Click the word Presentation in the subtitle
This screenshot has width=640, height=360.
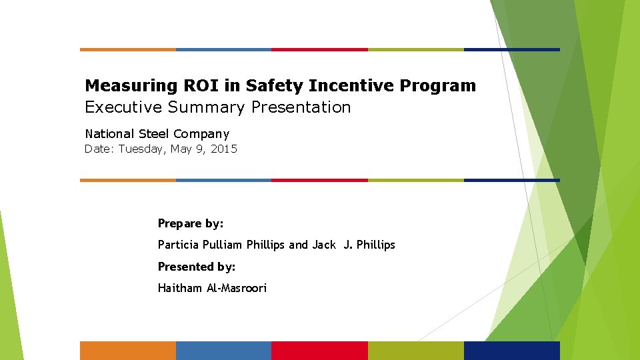[x=301, y=107]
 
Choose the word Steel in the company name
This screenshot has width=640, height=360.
[x=154, y=134]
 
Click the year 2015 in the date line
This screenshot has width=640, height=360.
[x=223, y=149]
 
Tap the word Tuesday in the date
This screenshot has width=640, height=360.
[x=142, y=149]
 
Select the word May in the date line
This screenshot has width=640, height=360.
[x=181, y=149]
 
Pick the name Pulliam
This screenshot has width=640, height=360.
[x=223, y=245]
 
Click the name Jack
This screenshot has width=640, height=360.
[x=324, y=245]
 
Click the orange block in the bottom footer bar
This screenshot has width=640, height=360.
[x=128, y=351]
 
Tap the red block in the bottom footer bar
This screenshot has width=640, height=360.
[x=320, y=351]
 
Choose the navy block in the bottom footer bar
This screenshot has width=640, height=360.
[x=511, y=351]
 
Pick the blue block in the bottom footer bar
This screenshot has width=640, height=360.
[x=224, y=351]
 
